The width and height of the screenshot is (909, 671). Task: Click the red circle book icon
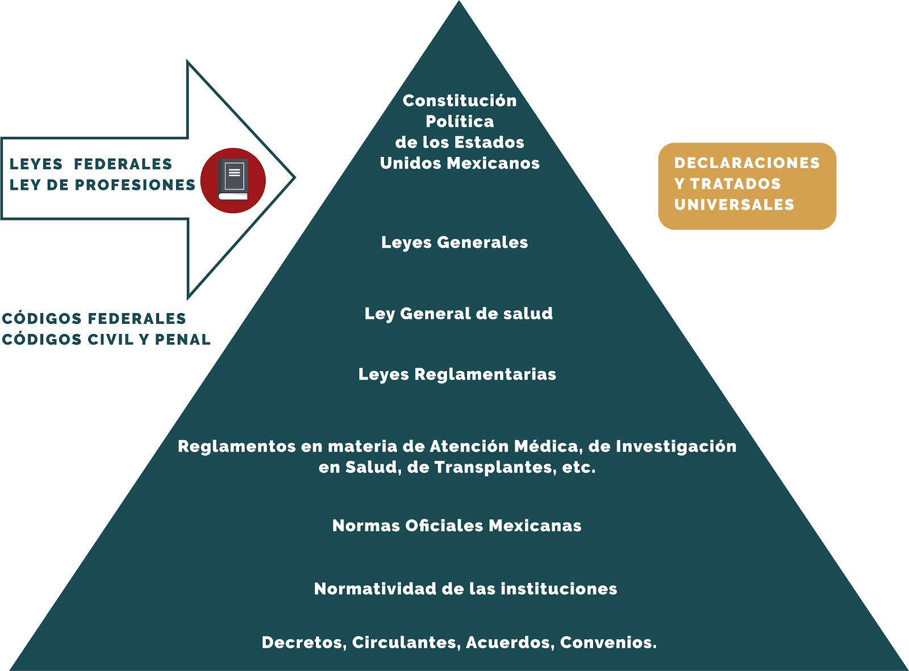coord(233,180)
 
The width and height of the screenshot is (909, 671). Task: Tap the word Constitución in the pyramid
coord(460,101)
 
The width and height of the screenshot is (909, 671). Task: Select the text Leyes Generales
coord(454,243)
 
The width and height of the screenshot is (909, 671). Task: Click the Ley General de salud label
coord(458,314)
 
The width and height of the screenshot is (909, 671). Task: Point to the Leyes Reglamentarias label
coord(457,374)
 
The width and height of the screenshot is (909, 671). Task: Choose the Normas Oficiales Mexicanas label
coord(457,526)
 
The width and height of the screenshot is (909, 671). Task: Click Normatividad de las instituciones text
coord(465,589)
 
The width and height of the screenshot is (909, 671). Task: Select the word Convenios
coord(608,642)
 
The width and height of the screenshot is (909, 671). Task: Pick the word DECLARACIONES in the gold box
coord(747,162)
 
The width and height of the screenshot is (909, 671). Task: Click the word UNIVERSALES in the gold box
coord(735,205)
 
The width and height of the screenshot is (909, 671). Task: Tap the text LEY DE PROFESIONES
coord(102,185)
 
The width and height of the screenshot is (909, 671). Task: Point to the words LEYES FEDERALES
coord(90,164)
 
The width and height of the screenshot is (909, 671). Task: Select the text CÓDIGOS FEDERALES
coord(94,319)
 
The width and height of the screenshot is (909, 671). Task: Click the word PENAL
coord(182,339)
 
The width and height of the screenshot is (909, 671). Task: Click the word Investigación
coord(676,447)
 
